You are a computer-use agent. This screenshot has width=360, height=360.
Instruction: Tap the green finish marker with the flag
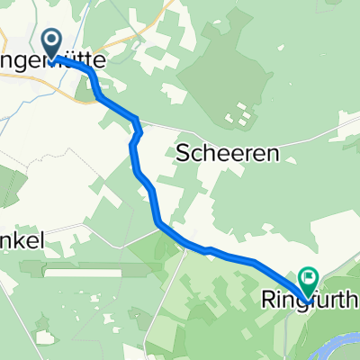[x=309, y=280]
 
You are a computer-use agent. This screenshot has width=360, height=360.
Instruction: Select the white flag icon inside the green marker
[x=309, y=278]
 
